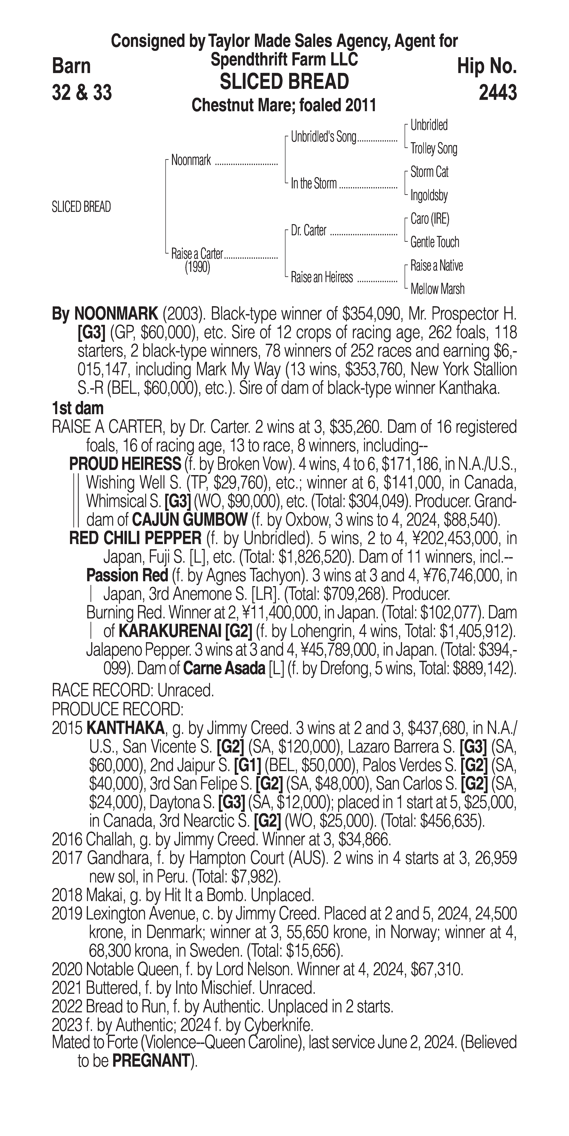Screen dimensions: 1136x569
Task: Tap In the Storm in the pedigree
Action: pyautogui.click(x=314, y=183)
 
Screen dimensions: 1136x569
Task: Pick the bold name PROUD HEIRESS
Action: pyautogui.click(x=125, y=464)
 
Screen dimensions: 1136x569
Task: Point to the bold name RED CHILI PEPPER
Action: pyautogui.click(x=135, y=538)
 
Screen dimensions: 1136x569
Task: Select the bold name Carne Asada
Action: pyautogui.click(x=224, y=669)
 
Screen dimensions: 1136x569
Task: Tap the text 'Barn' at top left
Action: pyautogui.click(x=71, y=66)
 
